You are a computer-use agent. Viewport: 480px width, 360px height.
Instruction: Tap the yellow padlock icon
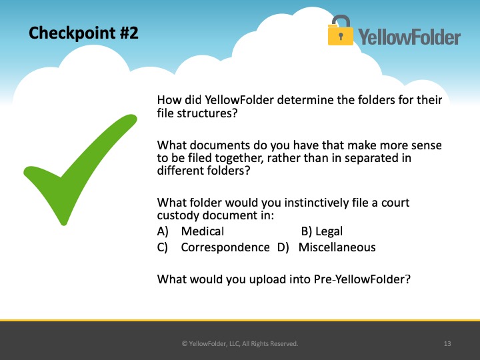(x=340, y=31)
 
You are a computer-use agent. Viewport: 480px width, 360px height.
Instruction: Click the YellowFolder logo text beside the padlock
(x=409, y=37)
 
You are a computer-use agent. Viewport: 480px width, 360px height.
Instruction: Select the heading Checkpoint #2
(x=83, y=33)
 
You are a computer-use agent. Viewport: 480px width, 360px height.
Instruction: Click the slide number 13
(x=447, y=343)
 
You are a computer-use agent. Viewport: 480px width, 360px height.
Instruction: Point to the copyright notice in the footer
(x=240, y=343)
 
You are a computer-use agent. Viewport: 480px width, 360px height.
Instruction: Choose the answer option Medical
(x=203, y=231)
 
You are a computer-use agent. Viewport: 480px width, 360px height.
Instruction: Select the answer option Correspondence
(x=225, y=247)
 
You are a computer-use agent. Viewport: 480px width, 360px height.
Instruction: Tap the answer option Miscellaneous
(x=337, y=247)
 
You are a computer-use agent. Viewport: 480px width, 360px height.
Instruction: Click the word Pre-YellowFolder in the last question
(x=362, y=279)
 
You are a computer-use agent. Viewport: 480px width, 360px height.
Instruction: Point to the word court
(x=395, y=203)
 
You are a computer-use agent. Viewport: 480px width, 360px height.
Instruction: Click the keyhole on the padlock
(x=341, y=36)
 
